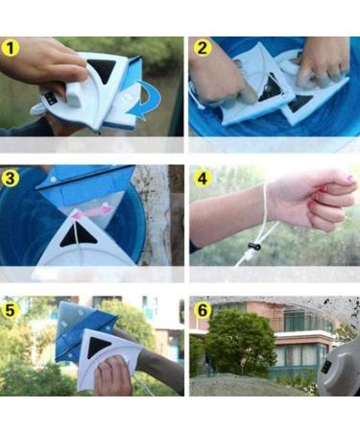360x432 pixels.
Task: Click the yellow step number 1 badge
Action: [12, 48]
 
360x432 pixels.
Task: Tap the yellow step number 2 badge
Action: [202, 48]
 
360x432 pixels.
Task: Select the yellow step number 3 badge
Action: [12, 178]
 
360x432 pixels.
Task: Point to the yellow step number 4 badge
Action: [202, 178]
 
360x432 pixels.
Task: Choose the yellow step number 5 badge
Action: [12, 309]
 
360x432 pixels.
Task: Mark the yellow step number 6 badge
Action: [202, 309]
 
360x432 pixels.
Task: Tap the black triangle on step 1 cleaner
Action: [102, 73]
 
